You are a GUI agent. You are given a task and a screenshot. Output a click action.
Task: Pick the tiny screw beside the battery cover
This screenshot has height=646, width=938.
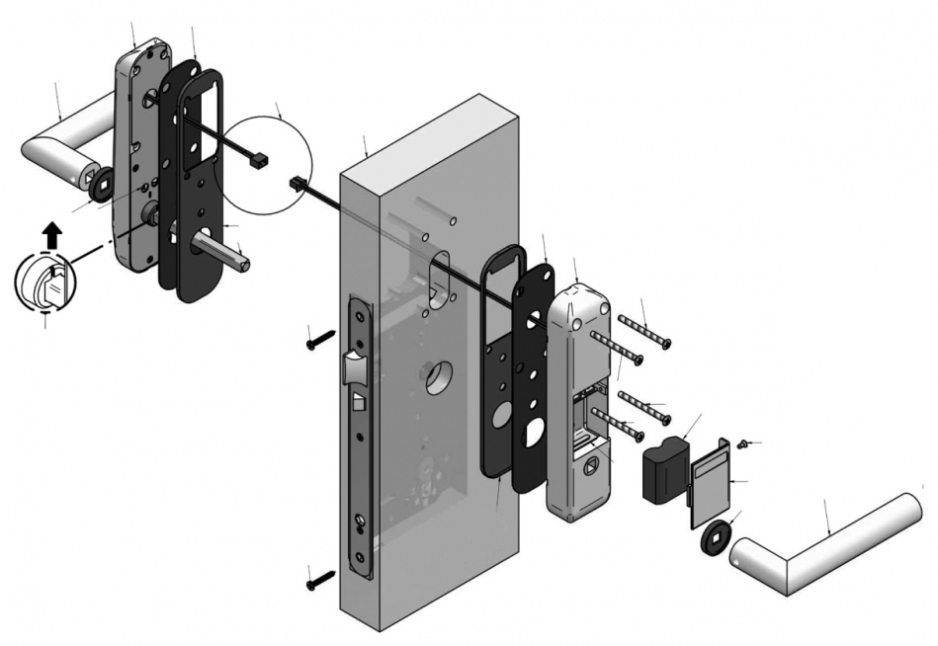[x=747, y=445]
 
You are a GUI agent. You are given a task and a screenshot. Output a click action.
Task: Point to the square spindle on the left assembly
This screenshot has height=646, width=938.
[x=232, y=252]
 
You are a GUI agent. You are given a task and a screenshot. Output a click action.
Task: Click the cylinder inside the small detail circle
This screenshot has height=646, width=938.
[x=44, y=283]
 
